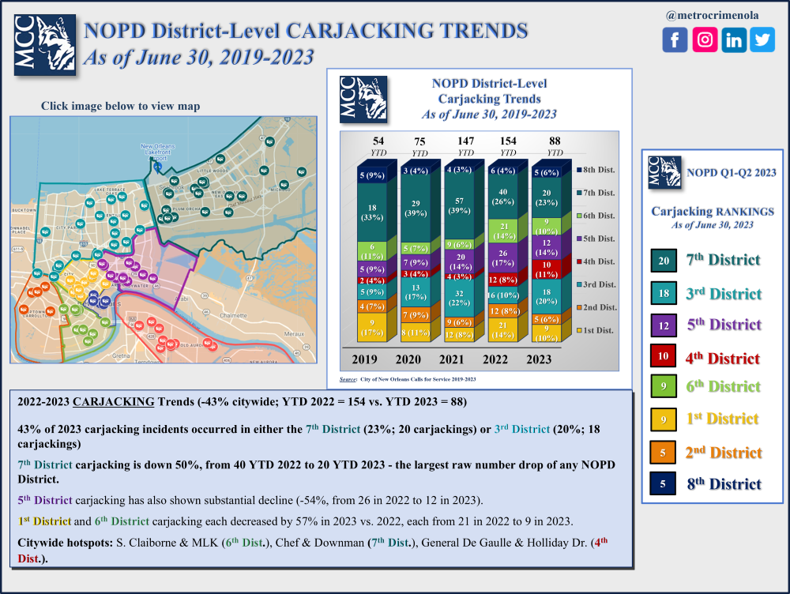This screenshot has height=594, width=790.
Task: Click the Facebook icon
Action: click(675, 39)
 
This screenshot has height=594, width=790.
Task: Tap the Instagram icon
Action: click(705, 39)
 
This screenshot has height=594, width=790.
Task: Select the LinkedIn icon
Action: click(734, 39)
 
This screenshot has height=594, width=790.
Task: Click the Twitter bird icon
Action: click(762, 39)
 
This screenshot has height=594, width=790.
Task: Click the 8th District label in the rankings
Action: click(724, 484)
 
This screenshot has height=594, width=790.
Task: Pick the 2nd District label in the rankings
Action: click(724, 453)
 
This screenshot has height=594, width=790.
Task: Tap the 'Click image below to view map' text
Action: click(120, 106)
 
